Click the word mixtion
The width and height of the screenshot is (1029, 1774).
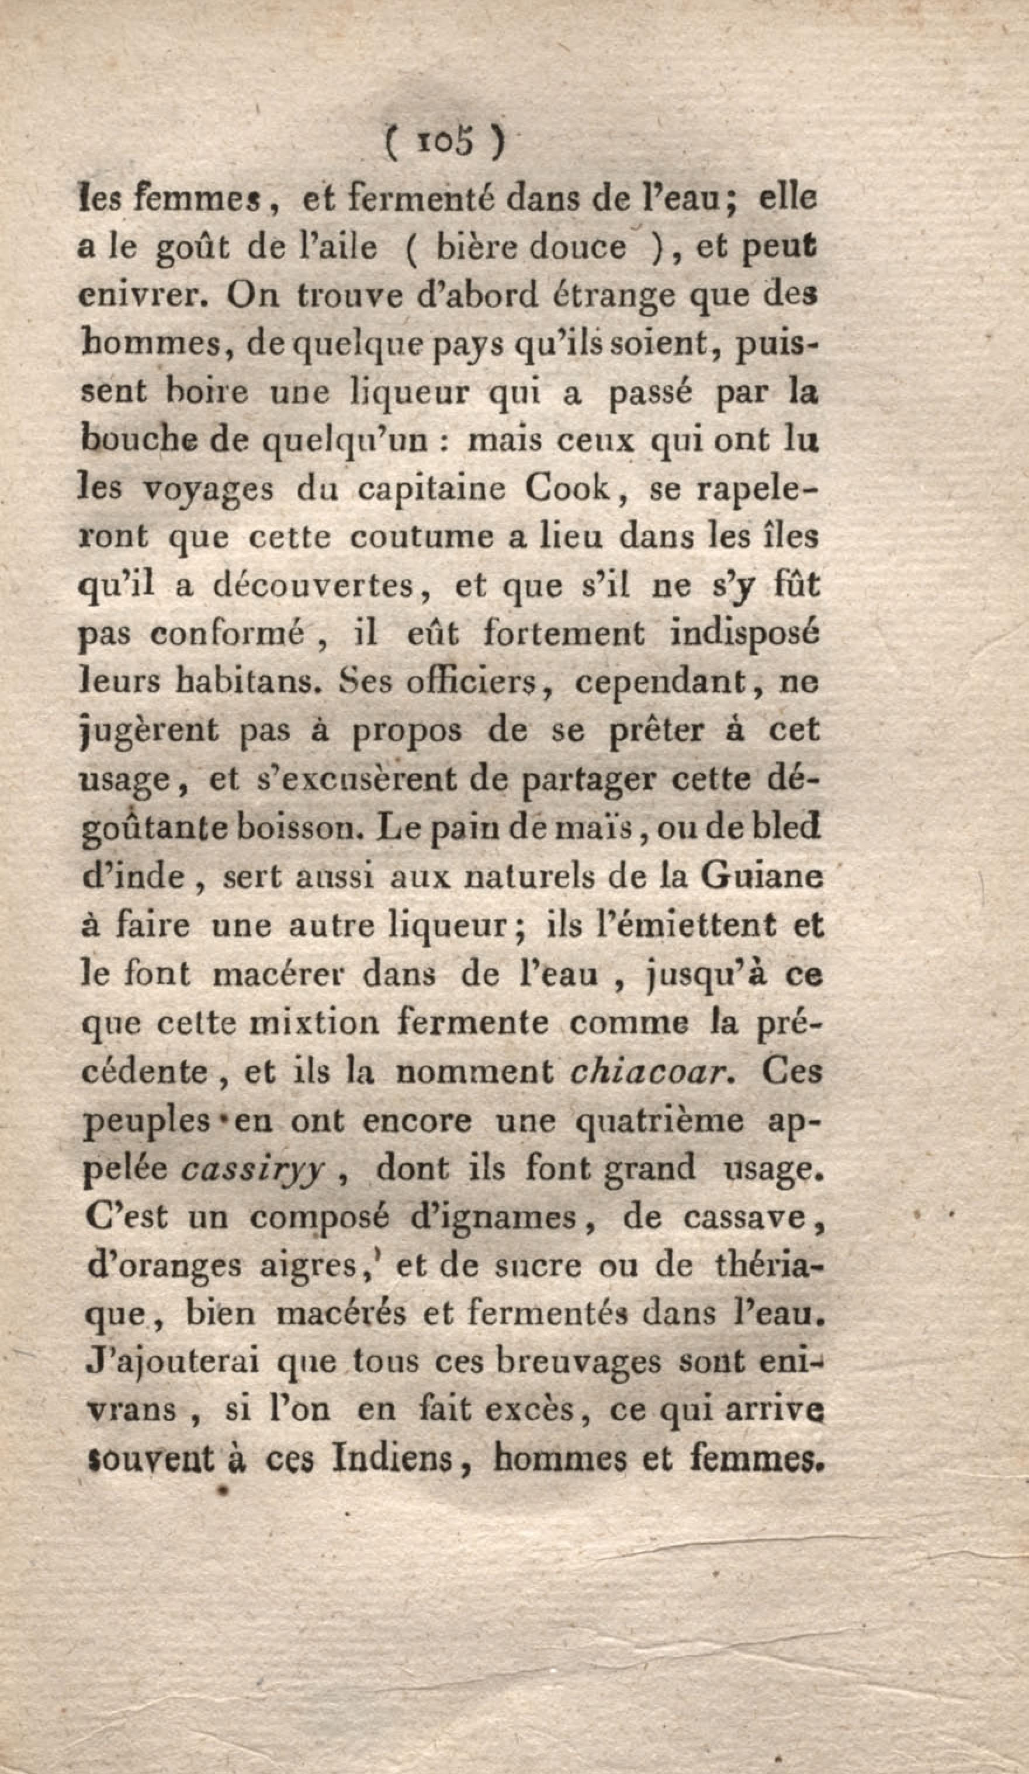(x=315, y=1023)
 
